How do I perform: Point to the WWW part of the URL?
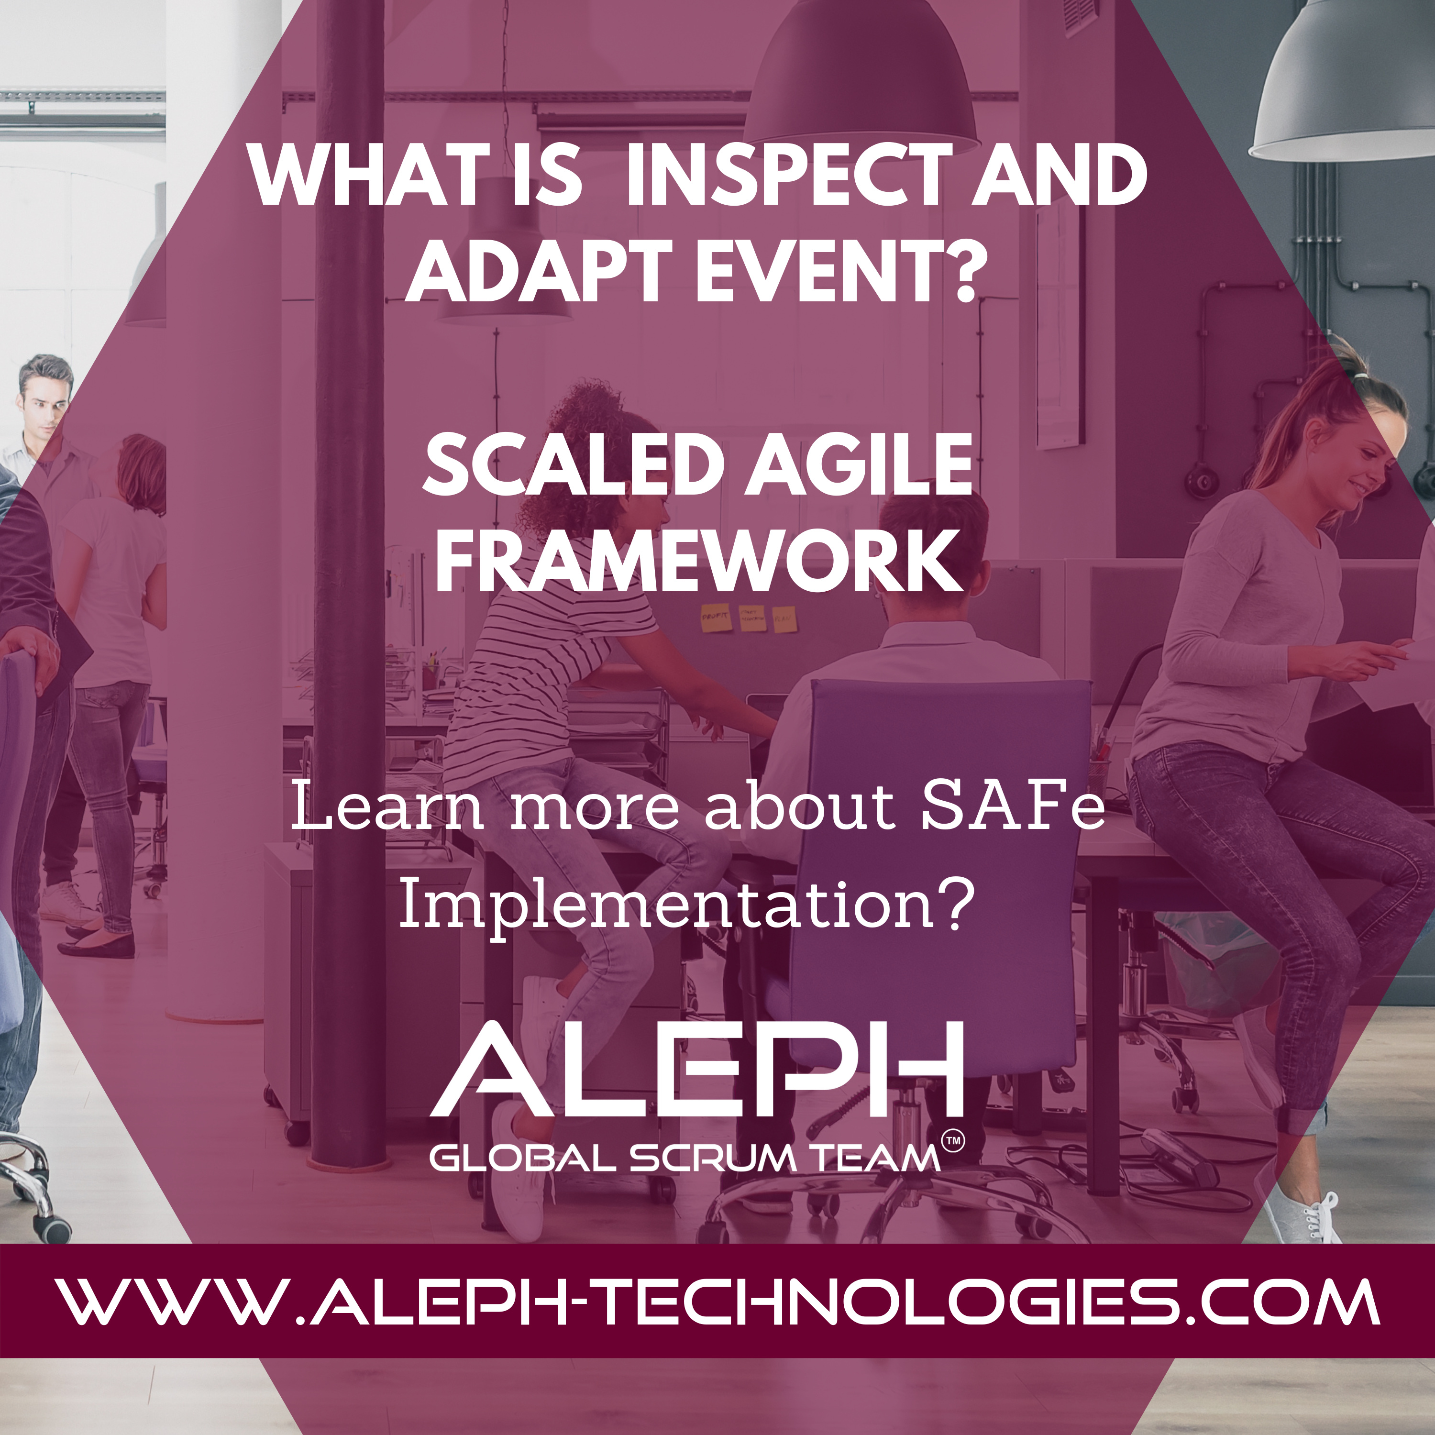(x=174, y=1301)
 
